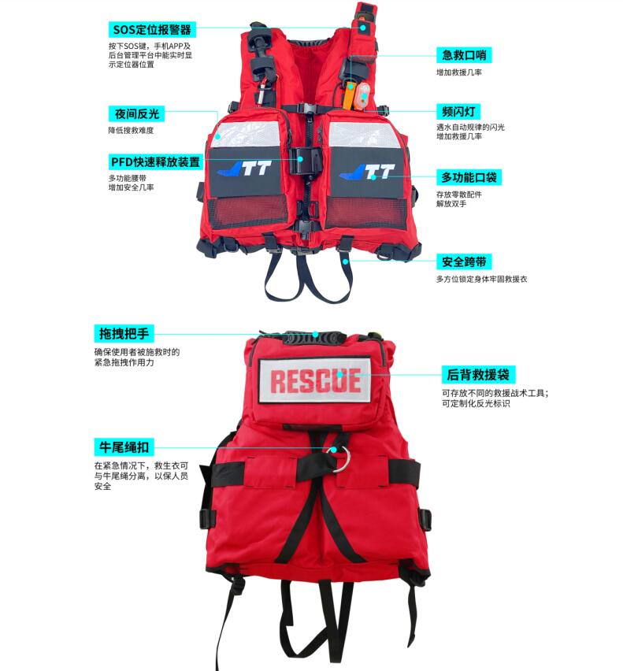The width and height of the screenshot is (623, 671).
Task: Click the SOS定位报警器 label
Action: tap(152, 30)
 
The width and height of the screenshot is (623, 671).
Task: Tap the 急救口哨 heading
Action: tap(464, 55)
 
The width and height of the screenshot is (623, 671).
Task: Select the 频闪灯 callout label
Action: tap(458, 112)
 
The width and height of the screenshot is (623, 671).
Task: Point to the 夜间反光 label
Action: tap(136, 114)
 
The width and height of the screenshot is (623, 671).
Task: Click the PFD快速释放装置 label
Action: tap(155, 161)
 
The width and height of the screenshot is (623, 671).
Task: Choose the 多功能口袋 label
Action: tap(469, 177)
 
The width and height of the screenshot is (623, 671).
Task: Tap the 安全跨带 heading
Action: tap(464, 262)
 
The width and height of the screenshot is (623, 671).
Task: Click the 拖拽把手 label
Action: tap(124, 333)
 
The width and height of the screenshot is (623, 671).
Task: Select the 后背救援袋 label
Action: tap(478, 375)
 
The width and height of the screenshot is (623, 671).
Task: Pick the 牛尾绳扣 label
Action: tap(124, 447)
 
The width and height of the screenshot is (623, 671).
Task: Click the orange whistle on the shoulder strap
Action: tap(349, 95)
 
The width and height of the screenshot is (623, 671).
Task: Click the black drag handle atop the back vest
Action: tap(316, 338)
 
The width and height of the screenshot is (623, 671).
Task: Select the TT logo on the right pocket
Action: tap(367, 172)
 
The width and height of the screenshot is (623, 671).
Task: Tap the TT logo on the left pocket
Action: tap(245, 169)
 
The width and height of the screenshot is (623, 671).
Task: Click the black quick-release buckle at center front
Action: tap(305, 161)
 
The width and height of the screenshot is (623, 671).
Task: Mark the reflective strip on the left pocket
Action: tap(246, 135)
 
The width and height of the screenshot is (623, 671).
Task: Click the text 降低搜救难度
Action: tap(131, 131)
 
